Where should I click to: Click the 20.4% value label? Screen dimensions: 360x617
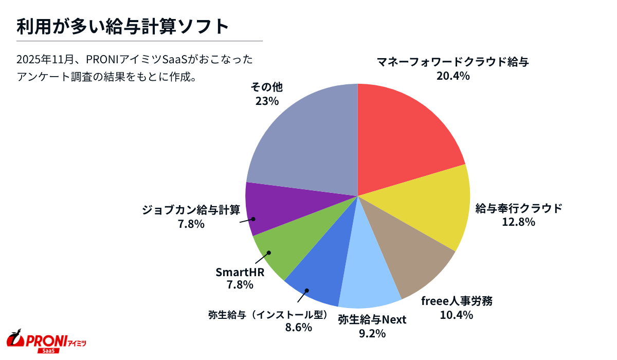tap(452, 76)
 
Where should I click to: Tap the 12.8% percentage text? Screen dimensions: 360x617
tap(519, 222)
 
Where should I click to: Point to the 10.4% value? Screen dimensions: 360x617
tap(456, 315)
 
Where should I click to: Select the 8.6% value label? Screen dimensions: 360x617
tap(299, 327)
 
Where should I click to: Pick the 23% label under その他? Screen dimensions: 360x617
tap(267, 101)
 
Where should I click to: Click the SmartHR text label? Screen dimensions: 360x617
tap(240, 272)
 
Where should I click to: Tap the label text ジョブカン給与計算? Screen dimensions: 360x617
tap(191, 210)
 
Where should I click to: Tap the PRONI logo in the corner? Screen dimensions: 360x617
tap(46, 340)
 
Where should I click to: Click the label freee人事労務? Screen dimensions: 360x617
tap(457, 301)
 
